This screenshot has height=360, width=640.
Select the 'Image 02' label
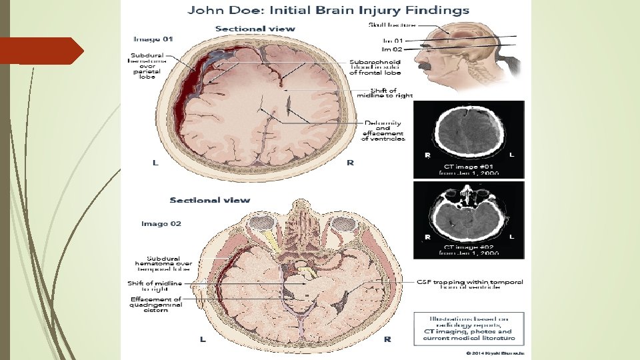161,224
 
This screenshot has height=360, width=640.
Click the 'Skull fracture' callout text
393,25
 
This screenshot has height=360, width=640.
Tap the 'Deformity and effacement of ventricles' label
383,131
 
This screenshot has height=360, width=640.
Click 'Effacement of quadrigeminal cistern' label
156,303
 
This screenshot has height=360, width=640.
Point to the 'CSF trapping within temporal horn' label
470,285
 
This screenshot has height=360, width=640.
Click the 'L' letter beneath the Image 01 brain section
155,163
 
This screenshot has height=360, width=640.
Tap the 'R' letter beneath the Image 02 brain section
387,339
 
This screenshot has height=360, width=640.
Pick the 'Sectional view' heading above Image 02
210,200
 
